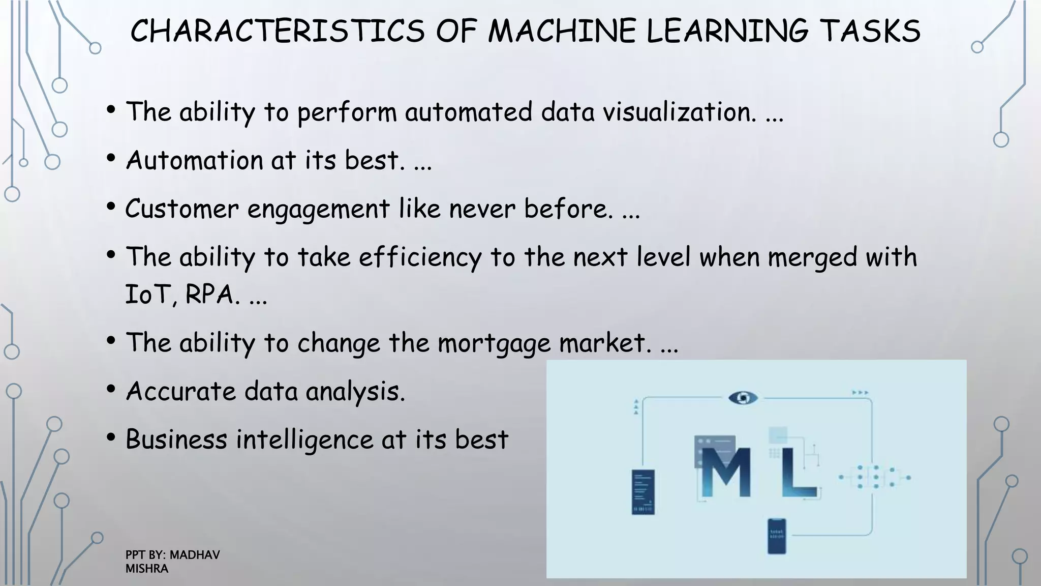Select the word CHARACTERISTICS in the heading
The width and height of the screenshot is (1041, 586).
pos(278,31)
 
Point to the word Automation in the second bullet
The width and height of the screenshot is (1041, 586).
pos(194,160)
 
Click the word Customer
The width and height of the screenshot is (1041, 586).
pos(181,209)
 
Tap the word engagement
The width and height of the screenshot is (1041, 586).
pos(318,210)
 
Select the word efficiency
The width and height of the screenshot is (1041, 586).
pos(420,257)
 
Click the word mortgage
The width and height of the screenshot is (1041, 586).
pos(494,343)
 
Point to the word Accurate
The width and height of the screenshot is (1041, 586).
pos(181,391)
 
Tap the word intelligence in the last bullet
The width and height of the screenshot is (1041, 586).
pos(304,440)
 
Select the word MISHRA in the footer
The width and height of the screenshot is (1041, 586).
pos(147,569)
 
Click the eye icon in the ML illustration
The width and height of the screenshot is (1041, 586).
pos(743,398)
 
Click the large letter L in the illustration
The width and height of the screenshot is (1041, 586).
pos(798,472)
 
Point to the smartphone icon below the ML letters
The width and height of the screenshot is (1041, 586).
pos(776,536)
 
